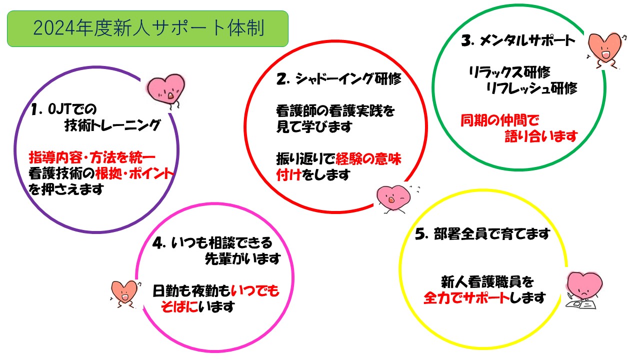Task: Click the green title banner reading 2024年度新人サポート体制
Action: coord(147,29)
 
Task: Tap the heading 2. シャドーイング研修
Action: coord(339,78)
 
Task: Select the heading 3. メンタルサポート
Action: coord(518,40)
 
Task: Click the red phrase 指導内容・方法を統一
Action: coord(92,157)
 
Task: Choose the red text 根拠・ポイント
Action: coord(134,173)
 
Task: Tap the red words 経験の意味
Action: coord(368,159)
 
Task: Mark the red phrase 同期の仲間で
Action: coord(499,120)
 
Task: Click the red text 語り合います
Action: coord(541,136)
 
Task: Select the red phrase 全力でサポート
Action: coord(466,298)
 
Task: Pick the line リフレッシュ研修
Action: coord(531,88)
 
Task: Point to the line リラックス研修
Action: coord(509,72)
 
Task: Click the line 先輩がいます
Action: coord(243,258)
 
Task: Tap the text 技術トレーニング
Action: coord(112,125)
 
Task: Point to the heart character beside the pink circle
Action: coord(125,294)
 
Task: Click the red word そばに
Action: coord(179,307)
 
